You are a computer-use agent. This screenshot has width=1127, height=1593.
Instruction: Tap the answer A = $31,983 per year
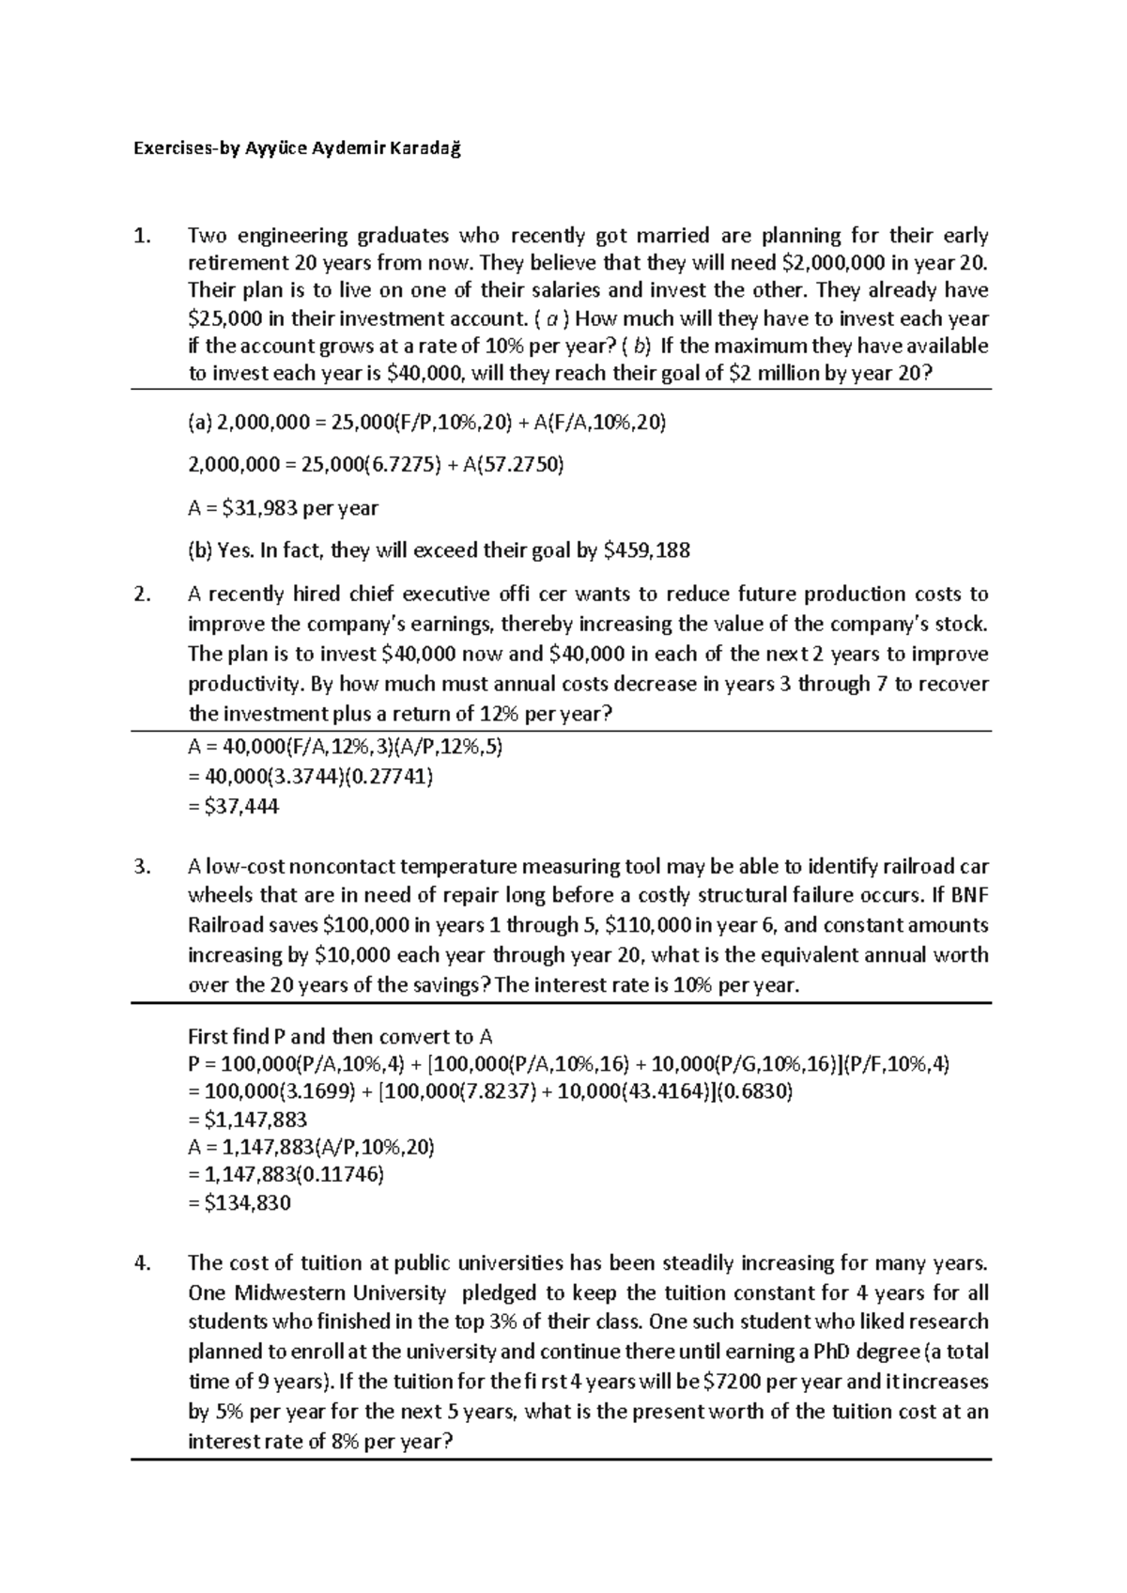283,508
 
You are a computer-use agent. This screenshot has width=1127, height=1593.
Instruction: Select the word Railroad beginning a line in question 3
226,925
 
